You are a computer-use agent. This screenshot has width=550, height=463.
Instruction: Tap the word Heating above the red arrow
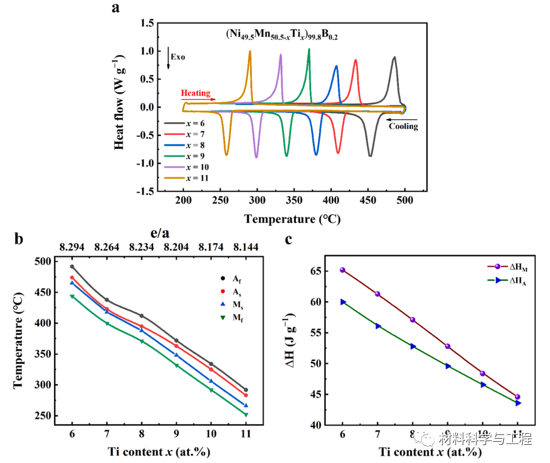tap(195, 94)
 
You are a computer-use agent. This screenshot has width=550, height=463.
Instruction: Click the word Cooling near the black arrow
tap(404, 126)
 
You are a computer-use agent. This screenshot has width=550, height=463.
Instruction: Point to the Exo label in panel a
tap(177, 57)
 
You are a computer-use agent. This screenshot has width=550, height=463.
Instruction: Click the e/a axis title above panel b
tap(159, 233)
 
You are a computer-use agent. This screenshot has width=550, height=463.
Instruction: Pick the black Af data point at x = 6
tap(72, 267)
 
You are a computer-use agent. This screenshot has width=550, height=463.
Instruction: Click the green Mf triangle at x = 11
tap(246, 414)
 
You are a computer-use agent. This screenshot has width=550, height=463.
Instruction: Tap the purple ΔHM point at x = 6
tap(343, 270)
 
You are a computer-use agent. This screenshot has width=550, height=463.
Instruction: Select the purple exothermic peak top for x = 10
tap(280, 55)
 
